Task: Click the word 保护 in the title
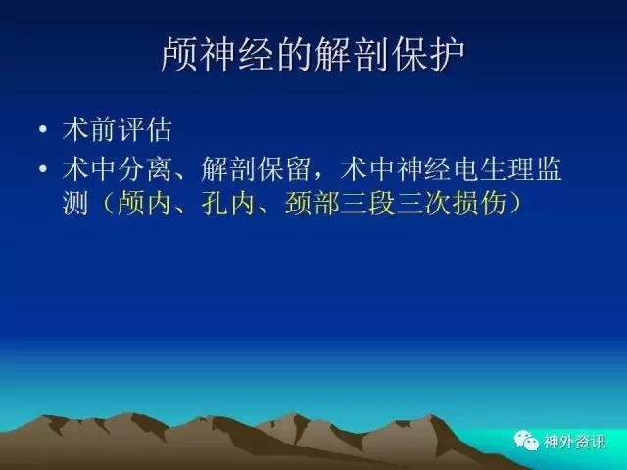coord(428,55)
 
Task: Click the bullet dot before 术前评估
coord(43,129)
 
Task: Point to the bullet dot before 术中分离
coord(43,168)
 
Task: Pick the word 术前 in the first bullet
coord(89,129)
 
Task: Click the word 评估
coord(145,129)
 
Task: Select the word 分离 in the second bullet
coord(145,168)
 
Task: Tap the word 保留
coord(284,168)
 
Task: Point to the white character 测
coord(75,203)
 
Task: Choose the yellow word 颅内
coord(145,203)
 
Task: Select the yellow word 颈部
coord(312,203)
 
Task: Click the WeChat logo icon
coord(526,441)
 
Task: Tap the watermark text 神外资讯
coord(574,442)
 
